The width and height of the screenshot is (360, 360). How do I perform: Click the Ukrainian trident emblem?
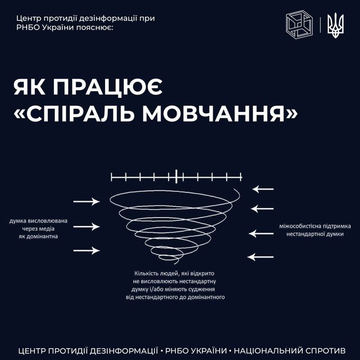(x=335, y=25)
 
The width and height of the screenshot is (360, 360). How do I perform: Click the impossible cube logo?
(x=299, y=25)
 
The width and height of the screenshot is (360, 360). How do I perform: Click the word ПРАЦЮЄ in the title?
(x=108, y=88)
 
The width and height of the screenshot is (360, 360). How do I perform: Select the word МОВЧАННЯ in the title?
(x=214, y=114)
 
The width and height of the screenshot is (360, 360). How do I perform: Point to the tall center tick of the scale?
(x=176, y=176)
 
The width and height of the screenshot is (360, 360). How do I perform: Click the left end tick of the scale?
(x=111, y=177)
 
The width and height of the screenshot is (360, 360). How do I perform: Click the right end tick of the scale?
(x=241, y=177)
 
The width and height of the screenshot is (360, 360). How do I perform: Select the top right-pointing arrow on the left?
(x=87, y=201)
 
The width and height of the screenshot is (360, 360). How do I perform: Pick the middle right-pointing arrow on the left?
(x=87, y=227)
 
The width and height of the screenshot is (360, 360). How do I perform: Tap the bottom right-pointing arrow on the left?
(x=87, y=250)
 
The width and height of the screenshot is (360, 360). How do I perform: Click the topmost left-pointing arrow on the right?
(x=263, y=189)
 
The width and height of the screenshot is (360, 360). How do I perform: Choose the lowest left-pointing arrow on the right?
(x=260, y=257)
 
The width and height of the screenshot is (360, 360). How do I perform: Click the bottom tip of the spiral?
(x=175, y=264)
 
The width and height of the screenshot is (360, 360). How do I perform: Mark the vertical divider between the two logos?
(x=320, y=25)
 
